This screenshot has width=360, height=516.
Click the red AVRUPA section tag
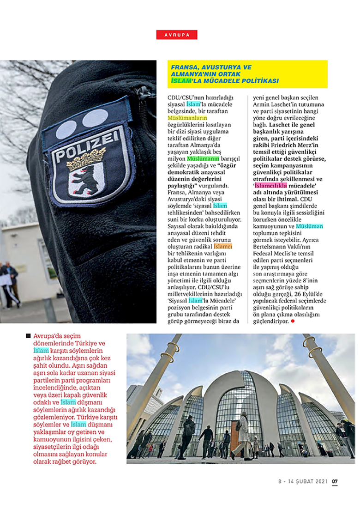click(x=177, y=35)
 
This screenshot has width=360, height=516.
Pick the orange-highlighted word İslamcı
click(x=223, y=247)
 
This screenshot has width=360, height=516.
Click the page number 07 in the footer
click(x=336, y=481)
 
